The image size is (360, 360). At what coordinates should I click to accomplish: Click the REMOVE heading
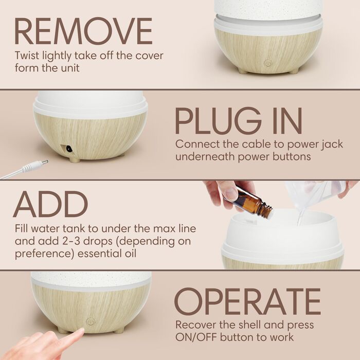(x=83, y=31)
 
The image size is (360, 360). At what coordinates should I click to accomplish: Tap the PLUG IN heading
(x=239, y=121)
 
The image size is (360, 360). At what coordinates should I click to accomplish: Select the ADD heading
(x=51, y=204)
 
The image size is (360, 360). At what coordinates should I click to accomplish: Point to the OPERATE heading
(x=247, y=301)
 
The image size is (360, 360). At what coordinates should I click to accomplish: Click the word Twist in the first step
(x=27, y=56)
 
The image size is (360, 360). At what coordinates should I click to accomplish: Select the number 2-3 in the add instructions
(x=69, y=241)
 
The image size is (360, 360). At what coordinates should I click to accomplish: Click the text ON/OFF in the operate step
(x=196, y=337)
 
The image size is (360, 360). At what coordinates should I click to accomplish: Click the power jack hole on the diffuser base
(x=68, y=149)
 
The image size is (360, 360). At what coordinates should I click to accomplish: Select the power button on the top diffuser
(x=267, y=63)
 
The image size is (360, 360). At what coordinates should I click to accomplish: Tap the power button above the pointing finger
(x=90, y=321)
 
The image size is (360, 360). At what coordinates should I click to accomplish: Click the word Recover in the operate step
(x=195, y=325)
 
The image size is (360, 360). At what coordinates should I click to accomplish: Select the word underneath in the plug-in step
(x=205, y=157)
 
